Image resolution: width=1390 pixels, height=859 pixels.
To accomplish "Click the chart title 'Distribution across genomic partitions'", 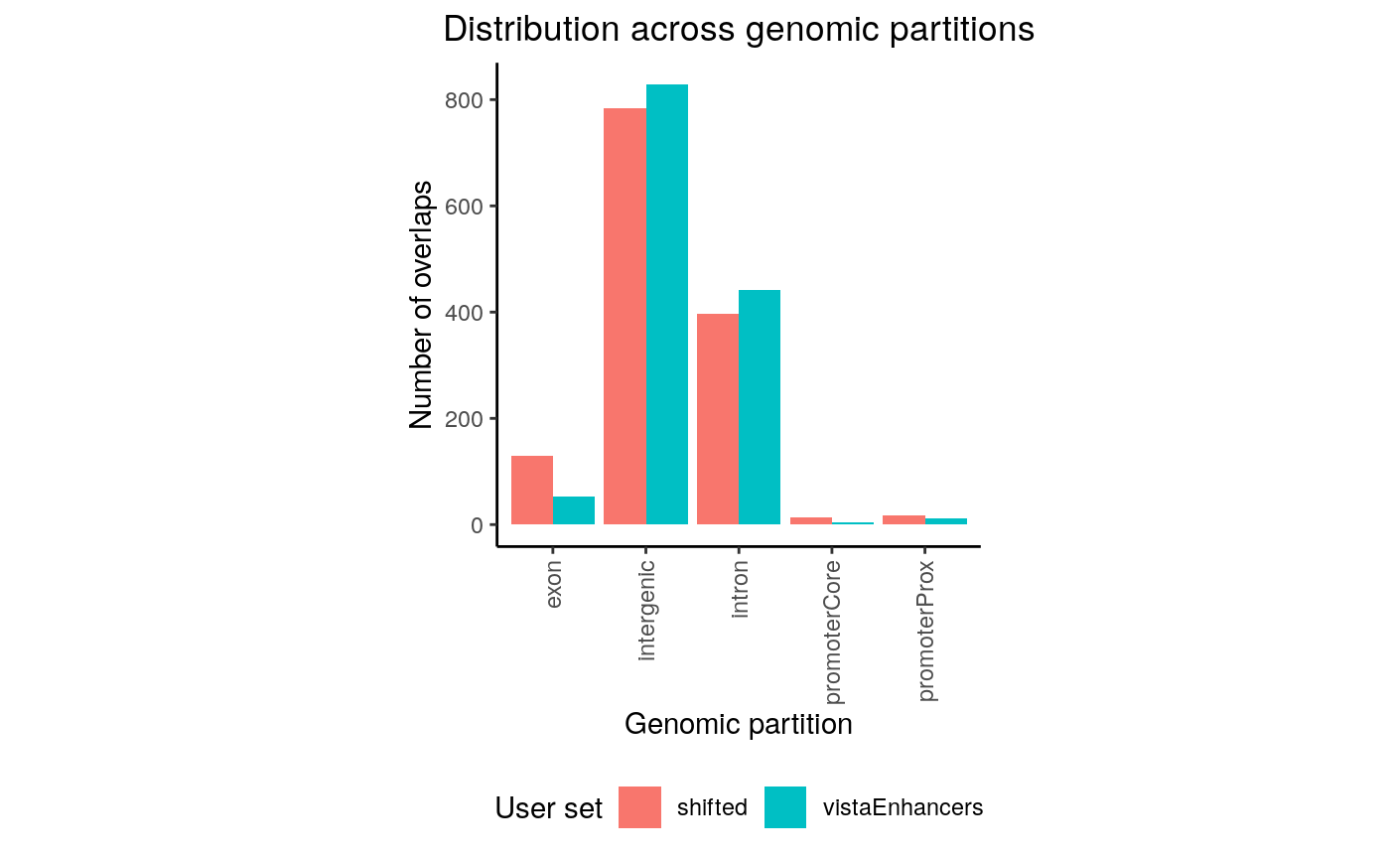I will click(739, 30).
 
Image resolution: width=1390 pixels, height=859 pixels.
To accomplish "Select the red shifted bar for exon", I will click(532, 491).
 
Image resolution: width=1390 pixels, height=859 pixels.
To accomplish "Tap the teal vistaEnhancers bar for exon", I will click(574, 510).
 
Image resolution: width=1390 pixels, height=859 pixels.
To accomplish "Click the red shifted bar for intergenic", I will click(625, 316).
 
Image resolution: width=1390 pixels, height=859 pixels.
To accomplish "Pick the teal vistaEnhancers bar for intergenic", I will click(667, 304).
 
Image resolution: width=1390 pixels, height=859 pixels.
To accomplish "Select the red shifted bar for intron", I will click(718, 419).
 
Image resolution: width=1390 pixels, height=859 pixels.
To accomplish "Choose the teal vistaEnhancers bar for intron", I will click(760, 407).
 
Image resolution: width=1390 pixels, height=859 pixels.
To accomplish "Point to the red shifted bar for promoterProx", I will click(903, 519).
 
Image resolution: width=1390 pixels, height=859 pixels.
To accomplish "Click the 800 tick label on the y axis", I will click(465, 100).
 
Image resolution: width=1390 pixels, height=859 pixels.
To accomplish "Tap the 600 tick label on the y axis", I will click(465, 207).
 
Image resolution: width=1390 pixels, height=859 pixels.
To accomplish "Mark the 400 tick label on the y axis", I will click(465, 313).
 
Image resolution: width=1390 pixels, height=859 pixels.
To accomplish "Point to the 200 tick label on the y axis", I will click(465, 419).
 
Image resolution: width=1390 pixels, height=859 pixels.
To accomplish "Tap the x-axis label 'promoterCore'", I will click(833, 631).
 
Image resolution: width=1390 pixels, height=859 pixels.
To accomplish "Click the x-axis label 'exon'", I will click(554, 585).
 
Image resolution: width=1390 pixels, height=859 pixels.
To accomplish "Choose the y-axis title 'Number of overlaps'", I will click(421, 304).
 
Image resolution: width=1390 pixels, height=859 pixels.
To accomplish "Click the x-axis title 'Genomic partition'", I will click(738, 725).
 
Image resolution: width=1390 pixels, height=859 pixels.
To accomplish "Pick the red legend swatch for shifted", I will click(639, 807).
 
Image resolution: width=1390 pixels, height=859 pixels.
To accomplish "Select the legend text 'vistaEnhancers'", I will click(903, 807).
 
